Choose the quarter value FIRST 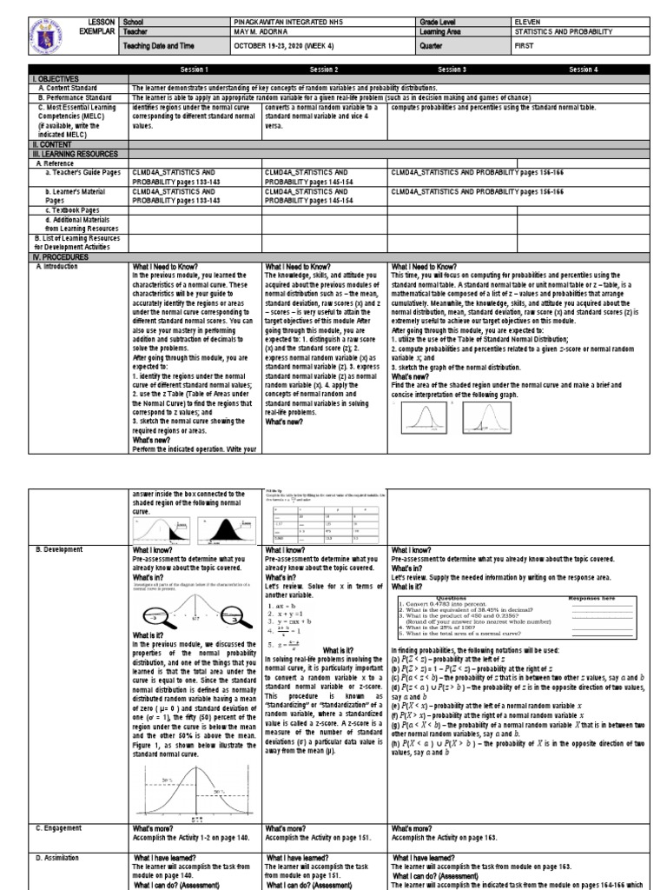[523, 47]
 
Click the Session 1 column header [195, 69]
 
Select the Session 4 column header [583, 69]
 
